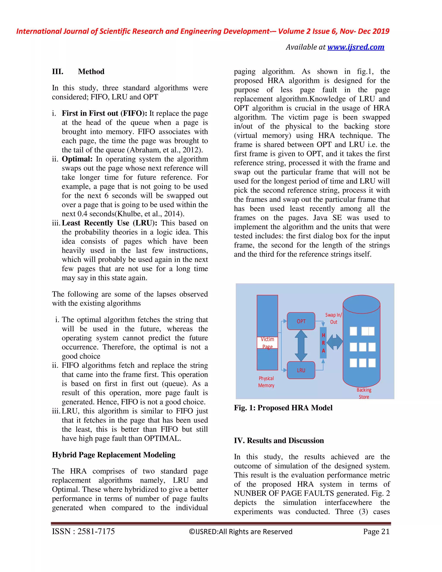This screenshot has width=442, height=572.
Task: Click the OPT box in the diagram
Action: pos(301,321)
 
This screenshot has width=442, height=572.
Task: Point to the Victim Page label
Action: pos(267,343)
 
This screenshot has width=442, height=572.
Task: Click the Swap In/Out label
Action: pos(333,318)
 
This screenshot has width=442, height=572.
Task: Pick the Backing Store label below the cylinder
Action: pos(364,393)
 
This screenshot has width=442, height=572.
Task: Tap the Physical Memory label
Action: pos(266,382)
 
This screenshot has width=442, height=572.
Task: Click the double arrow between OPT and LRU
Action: pos(301,346)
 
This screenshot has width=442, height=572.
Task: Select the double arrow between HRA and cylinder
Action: pos(335,342)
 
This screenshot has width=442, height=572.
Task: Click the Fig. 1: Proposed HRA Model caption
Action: pos(283,408)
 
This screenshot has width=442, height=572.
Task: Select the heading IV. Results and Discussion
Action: pos(279,441)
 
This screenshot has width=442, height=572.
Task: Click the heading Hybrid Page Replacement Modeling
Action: pos(114,455)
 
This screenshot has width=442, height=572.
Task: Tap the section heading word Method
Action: pos(91,71)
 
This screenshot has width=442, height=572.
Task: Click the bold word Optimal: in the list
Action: pos(77,159)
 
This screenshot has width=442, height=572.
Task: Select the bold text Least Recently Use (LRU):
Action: pos(109,223)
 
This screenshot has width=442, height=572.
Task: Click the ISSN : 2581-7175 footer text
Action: pos(83,531)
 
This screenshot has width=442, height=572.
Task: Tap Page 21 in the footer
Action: pos(376,531)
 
